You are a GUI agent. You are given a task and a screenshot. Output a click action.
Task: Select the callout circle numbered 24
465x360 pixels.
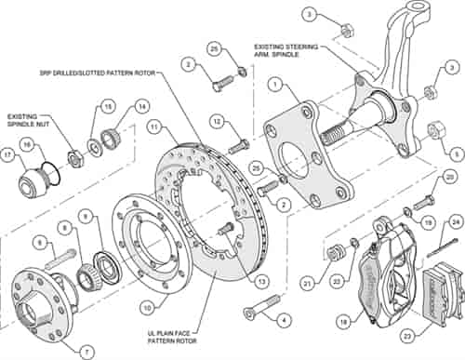(456, 221)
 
